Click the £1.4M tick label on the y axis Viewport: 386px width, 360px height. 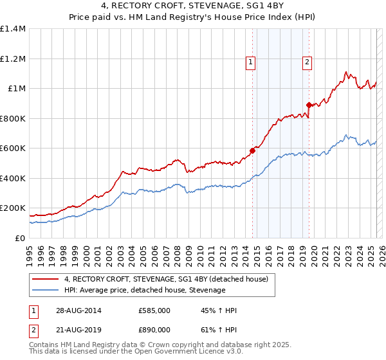[x=13, y=29]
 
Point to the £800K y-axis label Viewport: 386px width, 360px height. [x=13, y=118]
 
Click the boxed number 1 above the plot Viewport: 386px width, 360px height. [x=250, y=62]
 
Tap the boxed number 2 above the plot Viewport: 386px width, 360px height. [x=308, y=62]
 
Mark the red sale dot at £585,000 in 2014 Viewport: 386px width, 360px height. [x=253, y=151]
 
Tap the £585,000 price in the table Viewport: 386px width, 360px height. [x=154, y=310]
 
